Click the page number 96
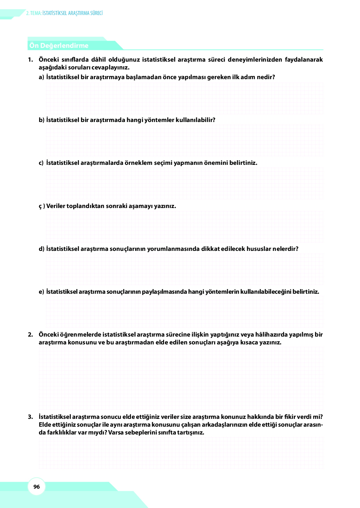[x=37, y=487]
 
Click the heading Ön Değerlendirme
[x=59, y=46]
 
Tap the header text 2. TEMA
[x=34, y=13]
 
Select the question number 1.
[x=30, y=59]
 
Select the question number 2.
[x=30, y=335]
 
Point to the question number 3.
[x=30, y=417]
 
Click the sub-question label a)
[x=41, y=77]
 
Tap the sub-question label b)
[x=42, y=120]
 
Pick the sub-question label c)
[x=41, y=163]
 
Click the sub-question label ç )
[x=42, y=206]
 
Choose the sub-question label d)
[x=42, y=249]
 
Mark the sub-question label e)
[x=41, y=292]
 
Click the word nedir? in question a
[x=266, y=77]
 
